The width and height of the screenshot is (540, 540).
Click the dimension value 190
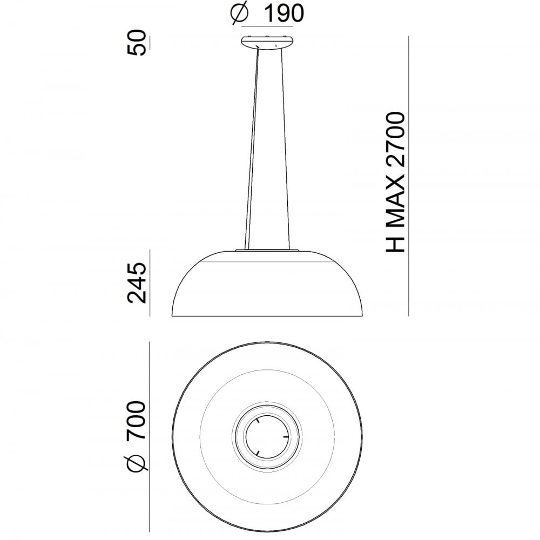click(x=282, y=13)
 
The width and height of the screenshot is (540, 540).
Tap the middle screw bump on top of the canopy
click(x=267, y=37)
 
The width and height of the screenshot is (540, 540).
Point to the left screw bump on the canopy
click(x=252, y=37)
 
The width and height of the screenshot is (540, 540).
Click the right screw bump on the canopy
click(x=282, y=37)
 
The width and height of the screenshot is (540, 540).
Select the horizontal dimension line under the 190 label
click(x=267, y=25)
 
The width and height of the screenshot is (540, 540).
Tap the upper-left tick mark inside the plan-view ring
click(x=259, y=420)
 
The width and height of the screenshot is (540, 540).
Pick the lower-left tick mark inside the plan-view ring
click(x=259, y=451)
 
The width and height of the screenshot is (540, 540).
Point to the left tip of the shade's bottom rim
click(x=172, y=316)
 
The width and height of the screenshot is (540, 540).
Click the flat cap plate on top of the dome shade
click(x=267, y=251)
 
